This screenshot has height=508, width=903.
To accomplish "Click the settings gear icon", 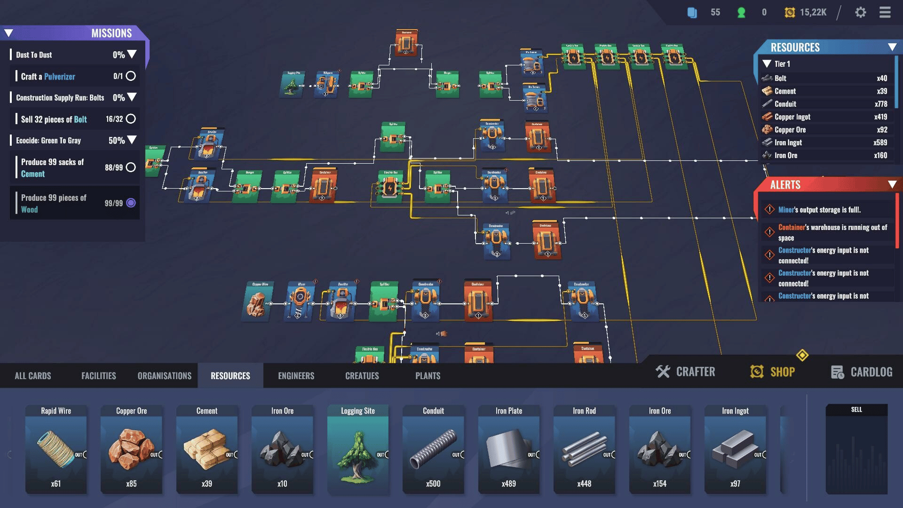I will [x=860, y=12].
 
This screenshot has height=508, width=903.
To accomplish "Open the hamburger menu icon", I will [x=885, y=12].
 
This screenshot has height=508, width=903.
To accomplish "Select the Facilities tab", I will [x=98, y=376].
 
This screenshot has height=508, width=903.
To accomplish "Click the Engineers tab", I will [x=296, y=376].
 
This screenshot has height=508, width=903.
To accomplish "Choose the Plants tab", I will [x=428, y=376].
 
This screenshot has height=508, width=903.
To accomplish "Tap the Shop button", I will [x=773, y=372].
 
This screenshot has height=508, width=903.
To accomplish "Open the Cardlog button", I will [x=862, y=372].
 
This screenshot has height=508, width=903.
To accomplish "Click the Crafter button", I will [x=686, y=372].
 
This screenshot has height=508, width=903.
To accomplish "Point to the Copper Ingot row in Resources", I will [x=824, y=117].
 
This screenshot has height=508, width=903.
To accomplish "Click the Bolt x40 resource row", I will [x=824, y=78].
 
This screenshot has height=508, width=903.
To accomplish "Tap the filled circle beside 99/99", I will [x=131, y=203].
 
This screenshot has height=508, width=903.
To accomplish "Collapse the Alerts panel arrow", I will [x=892, y=184].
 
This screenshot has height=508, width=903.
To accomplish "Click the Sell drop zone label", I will [x=856, y=410].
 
